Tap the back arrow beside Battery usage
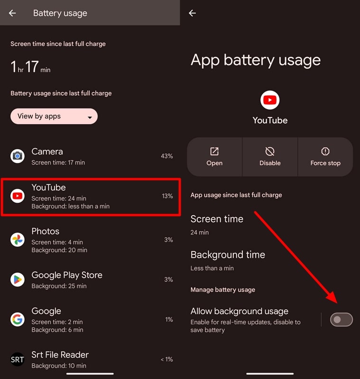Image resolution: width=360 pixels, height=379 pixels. pos(12,13)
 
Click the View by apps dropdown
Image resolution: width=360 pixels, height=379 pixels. pos(54,116)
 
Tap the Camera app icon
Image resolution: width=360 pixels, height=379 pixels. pos(18,156)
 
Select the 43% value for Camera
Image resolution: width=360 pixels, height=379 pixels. pos(166,156)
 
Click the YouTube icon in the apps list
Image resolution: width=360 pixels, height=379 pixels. pos(18,196)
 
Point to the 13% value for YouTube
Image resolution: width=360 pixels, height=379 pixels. pos(167,196)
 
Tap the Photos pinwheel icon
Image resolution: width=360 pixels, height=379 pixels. pos(18,240)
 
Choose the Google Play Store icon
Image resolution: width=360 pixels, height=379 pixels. pos(18,280)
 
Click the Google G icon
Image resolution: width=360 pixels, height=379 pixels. pos(18,319)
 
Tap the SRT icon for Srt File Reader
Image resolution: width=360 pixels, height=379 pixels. pos(18,360)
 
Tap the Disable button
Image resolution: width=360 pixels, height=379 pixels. pos(270,156)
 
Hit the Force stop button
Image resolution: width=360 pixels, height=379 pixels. pos(325,156)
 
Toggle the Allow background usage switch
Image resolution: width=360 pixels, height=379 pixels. pos(342,320)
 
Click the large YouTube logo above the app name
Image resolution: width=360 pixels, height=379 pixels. pos(270,100)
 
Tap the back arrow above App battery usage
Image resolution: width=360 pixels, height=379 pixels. pos(192,13)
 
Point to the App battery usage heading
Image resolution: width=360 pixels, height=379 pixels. pos(256,60)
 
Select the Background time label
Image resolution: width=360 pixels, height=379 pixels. pos(228,254)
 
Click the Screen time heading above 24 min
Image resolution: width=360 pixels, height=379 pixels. pos(217,219)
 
